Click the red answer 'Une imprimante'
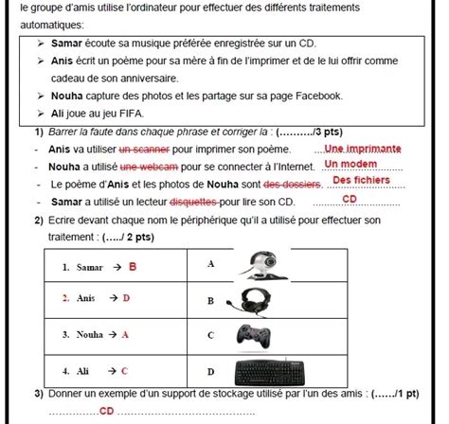[363, 149]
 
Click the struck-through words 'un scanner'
[145, 150]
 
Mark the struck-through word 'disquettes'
[192, 202]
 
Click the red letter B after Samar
[133, 267]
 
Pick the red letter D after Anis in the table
[126, 298]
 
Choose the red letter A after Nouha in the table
[125, 334]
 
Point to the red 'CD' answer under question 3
[106, 412]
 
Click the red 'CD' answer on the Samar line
[350, 200]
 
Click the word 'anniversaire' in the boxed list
[135, 78]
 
